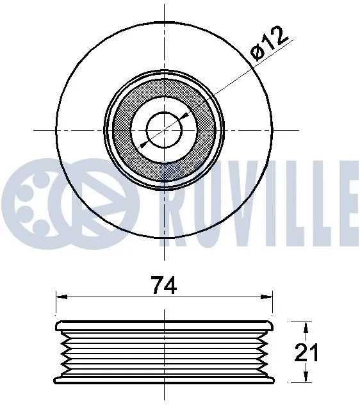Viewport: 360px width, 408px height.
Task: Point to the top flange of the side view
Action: (x=165, y=322)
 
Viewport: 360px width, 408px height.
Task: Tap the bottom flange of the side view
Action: (x=165, y=380)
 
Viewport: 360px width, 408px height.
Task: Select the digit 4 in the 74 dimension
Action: (x=171, y=286)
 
